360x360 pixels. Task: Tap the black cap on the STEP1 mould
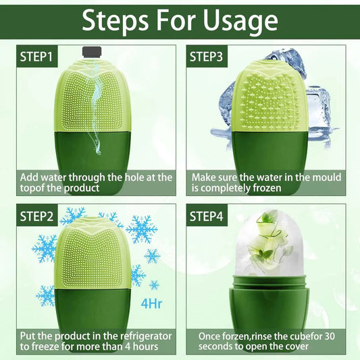pos(91,51)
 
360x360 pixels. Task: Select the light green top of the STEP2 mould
pos(95,250)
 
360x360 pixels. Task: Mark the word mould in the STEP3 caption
pos(326,177)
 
